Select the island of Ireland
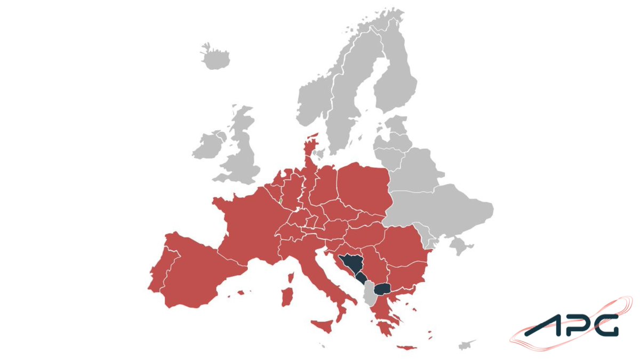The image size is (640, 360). pos(209,145)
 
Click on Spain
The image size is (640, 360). pos(192,272)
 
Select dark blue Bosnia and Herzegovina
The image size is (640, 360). pos(352,264)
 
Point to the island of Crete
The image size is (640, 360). pos(406,348)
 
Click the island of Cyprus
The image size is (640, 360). pos(468,342)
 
